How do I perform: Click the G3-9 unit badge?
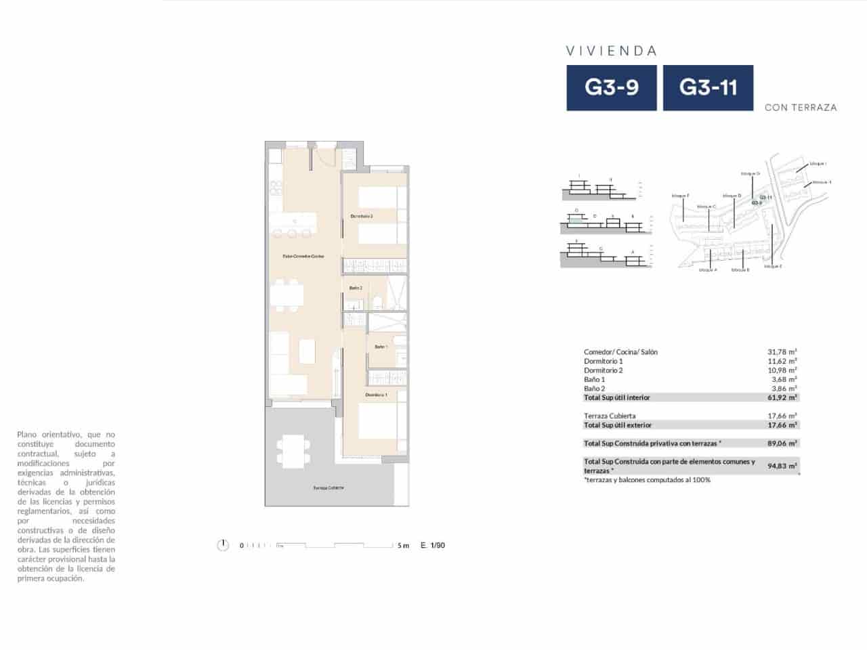coord(611,87)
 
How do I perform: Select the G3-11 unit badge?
coord(708,87)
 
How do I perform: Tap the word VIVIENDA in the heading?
coord(612,51)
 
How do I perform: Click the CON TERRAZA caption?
coord(801,108)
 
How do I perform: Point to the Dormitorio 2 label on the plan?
coord(362,216)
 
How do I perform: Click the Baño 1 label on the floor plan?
coord(381,347)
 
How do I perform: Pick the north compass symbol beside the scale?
coord(222,545)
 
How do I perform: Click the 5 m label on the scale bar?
coord(403,546)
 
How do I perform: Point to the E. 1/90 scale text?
coord(433,546)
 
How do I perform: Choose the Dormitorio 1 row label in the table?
coord(603,362)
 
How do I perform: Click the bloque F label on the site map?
coord(680,196)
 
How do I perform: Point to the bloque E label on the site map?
coord(773,267)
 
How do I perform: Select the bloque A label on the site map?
coord(707,269)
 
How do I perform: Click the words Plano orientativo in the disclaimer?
coord(47,435)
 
